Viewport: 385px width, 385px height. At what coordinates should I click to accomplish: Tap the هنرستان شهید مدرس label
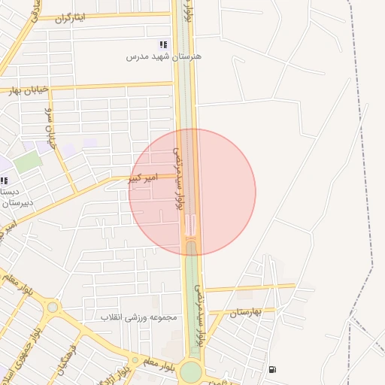[163, 56]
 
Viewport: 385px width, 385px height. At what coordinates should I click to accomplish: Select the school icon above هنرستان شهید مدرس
[163, 45]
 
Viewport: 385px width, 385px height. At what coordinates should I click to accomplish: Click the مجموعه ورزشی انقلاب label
[139, 317]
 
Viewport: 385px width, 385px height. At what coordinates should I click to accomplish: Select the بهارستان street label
[246, 311]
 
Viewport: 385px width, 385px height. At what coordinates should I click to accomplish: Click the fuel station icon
[271, 369]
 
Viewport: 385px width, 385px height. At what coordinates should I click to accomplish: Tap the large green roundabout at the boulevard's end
[191, 371]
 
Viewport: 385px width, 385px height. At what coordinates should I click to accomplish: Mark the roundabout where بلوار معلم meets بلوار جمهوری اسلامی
[52, 307]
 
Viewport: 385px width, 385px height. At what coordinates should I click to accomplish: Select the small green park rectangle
[28, 162]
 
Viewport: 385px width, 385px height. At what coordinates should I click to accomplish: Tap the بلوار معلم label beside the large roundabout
[159, 363]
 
